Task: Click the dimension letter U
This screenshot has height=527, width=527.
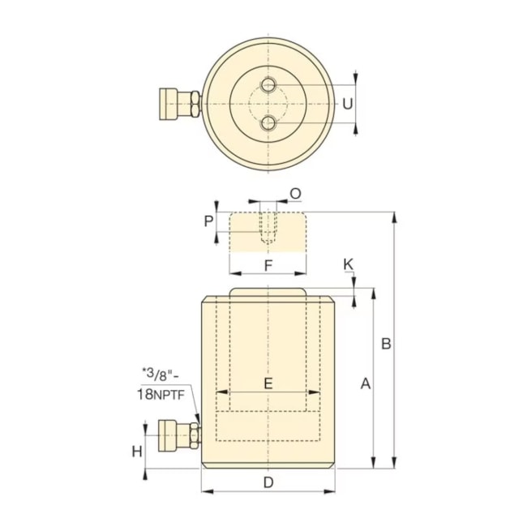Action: (347, 104)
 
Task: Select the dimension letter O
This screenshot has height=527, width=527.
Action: (295, 193)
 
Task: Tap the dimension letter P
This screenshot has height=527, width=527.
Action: (209, 221)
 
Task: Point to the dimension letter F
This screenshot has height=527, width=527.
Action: (268, 264)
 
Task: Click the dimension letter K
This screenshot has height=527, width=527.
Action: (349, 264)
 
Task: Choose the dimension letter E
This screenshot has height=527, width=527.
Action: (268, 383)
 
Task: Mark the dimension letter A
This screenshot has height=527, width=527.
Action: (365, 383)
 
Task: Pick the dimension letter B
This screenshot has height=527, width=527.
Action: (387, 344)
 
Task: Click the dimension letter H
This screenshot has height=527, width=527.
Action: (137, 451)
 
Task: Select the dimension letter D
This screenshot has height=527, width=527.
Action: (268, 483)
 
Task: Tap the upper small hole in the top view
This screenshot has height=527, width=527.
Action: (268, 84)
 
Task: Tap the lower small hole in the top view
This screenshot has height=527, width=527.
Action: (268, 123)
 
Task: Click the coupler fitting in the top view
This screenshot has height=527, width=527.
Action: (179, 104)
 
